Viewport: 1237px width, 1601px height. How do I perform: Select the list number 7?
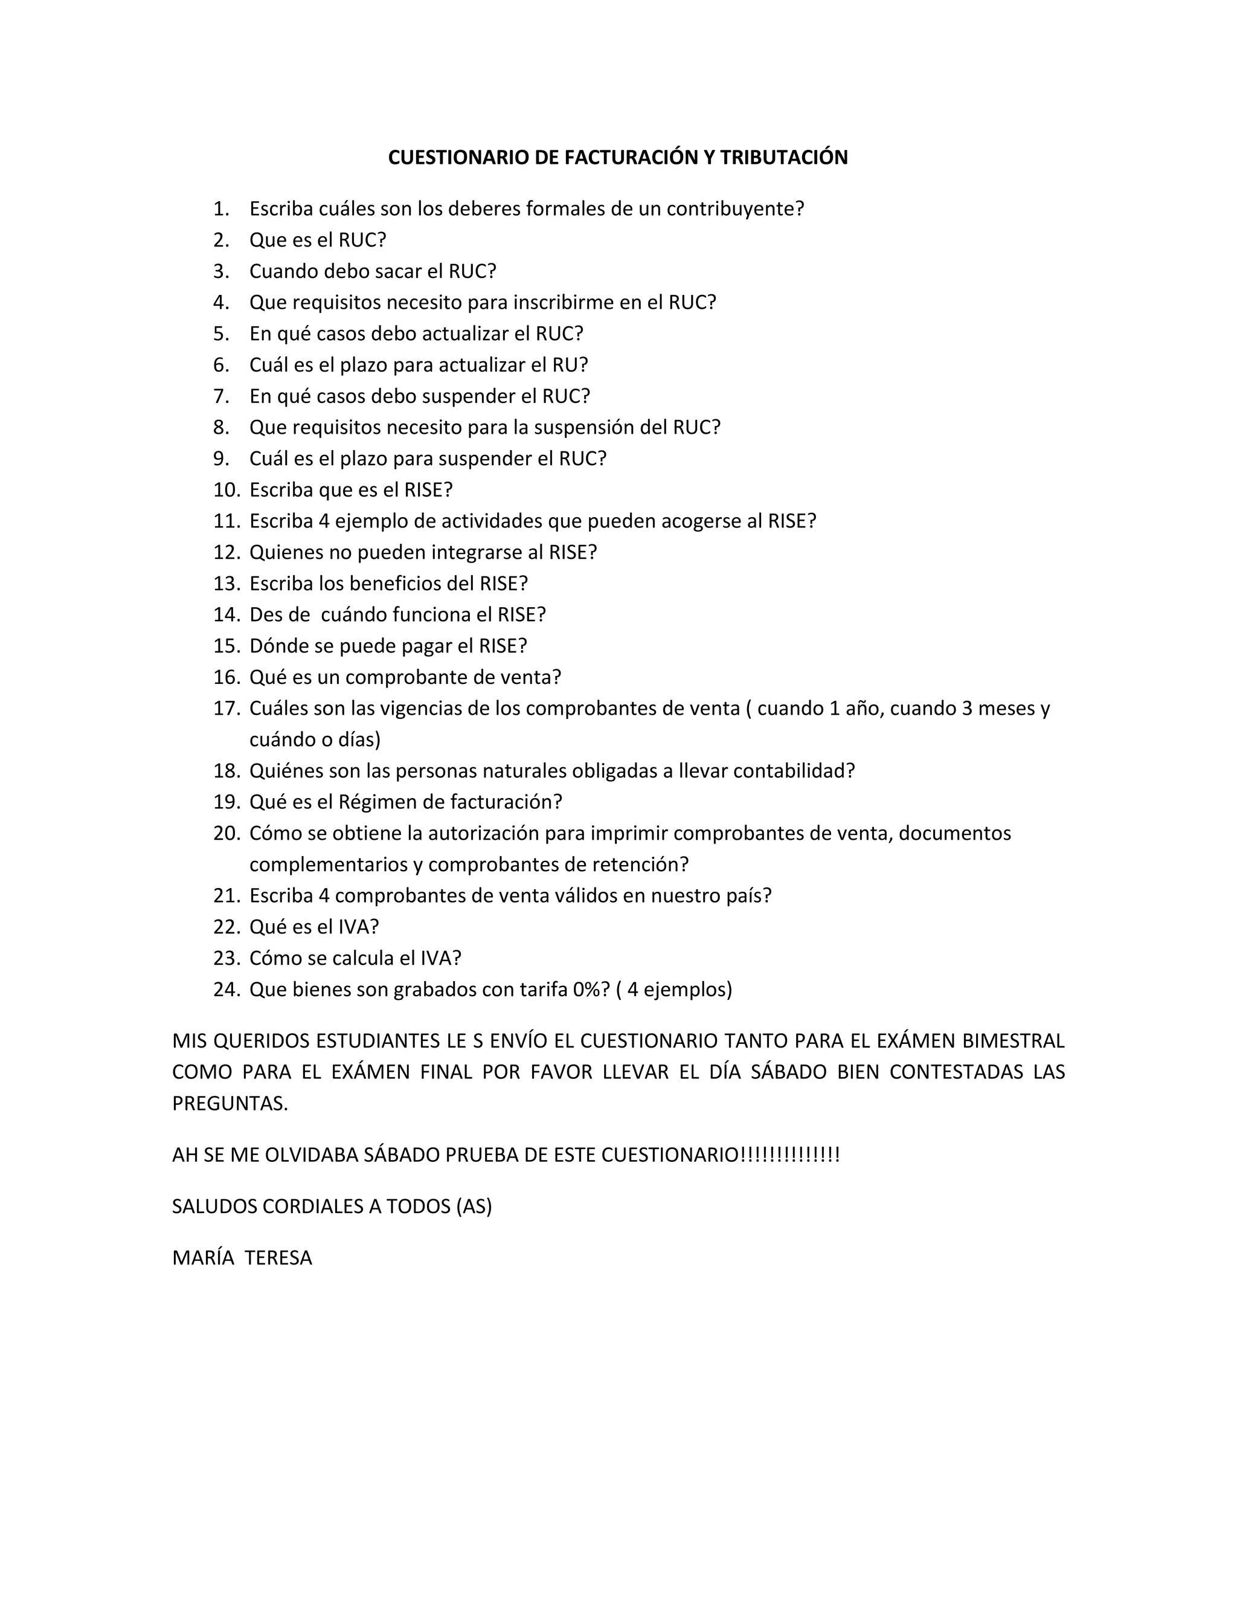click(221, 396)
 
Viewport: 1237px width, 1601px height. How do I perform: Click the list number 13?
click(227, 584)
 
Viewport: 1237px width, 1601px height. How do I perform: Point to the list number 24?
click(227, 990)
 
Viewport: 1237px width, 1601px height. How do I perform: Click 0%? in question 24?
click(591, 990)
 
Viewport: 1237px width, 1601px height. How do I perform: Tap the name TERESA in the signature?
click(278, 1258)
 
